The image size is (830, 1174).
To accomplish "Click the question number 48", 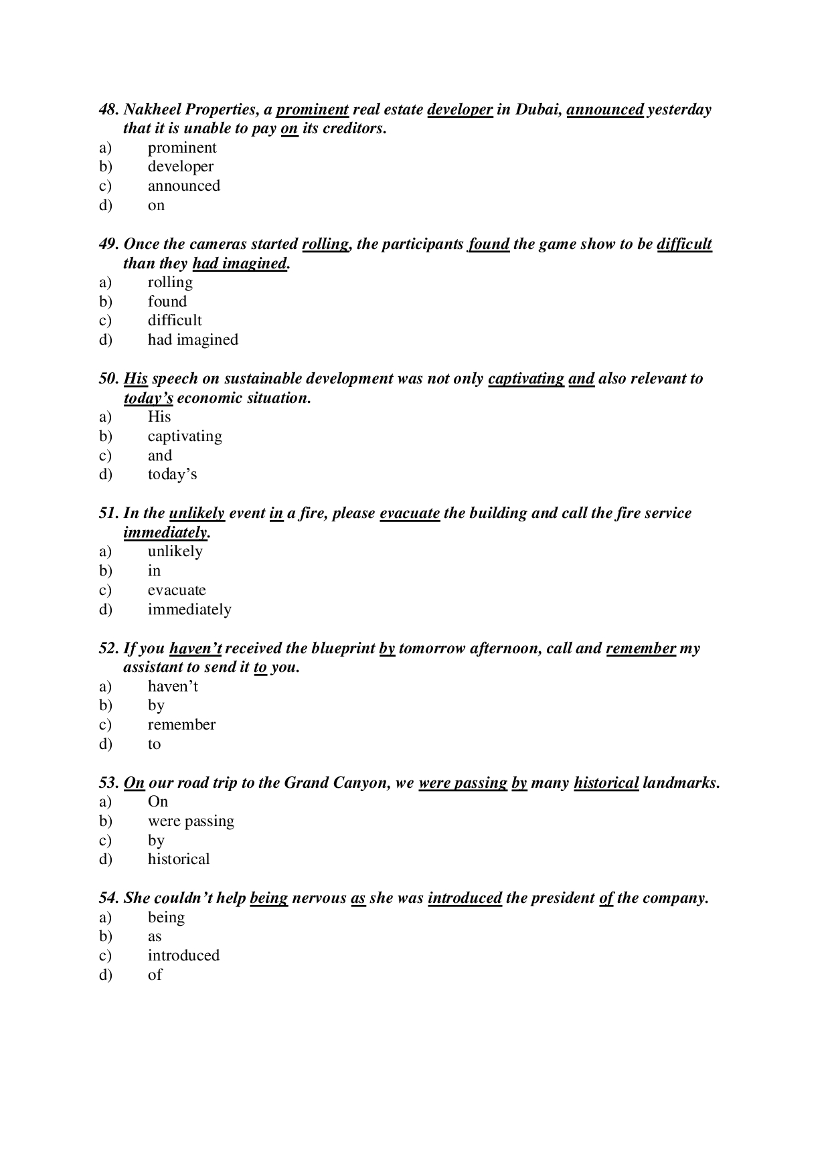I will [x=108, y=110].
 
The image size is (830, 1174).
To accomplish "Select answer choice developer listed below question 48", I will [x=181, y=167].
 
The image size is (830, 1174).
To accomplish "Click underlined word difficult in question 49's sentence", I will [x=684, y=244].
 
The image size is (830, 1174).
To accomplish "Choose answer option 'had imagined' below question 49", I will [x=193, y=340].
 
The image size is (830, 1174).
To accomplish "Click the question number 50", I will [x=108, y=379].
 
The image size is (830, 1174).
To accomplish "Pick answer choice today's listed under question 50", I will [x=172, y=475].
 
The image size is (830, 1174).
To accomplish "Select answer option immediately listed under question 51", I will [x=189, y=610].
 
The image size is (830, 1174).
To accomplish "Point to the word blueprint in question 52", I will [x=343, y=649].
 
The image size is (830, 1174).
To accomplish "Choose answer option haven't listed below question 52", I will [x=173, y=687].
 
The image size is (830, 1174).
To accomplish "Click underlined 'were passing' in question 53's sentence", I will [x=463, y=783].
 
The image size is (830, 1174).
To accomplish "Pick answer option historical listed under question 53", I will [x=179, y=859].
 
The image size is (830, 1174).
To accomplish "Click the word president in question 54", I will [x=562, y=898].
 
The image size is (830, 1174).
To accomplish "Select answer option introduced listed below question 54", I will [x=183, y=956].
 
